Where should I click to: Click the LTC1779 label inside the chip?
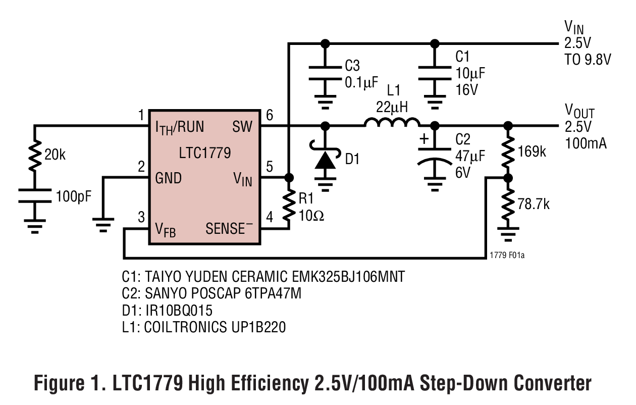click(x=204, y=153)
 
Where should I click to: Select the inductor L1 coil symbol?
click(x=392, y=123)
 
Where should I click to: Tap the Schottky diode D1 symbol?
click(x=325, y=161)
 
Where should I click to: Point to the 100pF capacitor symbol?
click(x=35, y=195)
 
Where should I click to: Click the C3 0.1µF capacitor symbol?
click(x=325, y=73)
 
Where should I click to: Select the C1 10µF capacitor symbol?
click(x=434, y=73)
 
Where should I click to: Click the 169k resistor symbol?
click(x=508, y=151)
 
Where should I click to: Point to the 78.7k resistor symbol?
click(x=508, y=204)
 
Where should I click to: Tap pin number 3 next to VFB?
click(x=141, y=218)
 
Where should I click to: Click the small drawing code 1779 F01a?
click(x=507, y=256)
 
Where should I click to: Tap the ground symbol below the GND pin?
click(x=103, y=224)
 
